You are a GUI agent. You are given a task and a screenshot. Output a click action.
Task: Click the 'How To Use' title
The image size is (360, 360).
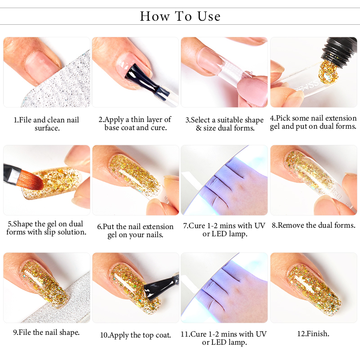tap(180, 16)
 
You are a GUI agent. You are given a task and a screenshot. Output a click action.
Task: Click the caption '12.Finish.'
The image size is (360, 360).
tap(313, 333)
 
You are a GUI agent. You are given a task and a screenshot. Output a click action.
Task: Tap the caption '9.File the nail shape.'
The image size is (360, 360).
tap(46, 332)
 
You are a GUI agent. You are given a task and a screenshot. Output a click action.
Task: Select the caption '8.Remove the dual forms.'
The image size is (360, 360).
tap(314, 225)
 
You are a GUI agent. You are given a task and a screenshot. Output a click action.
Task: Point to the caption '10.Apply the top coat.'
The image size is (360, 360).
tap(135, 335)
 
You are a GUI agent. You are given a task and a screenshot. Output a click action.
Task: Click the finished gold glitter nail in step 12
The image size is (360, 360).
tap(314, 288)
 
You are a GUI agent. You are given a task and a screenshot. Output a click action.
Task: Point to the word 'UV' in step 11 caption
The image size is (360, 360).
tap(261, 334)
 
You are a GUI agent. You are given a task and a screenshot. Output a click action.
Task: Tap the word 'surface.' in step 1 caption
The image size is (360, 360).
tap(47, 128)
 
